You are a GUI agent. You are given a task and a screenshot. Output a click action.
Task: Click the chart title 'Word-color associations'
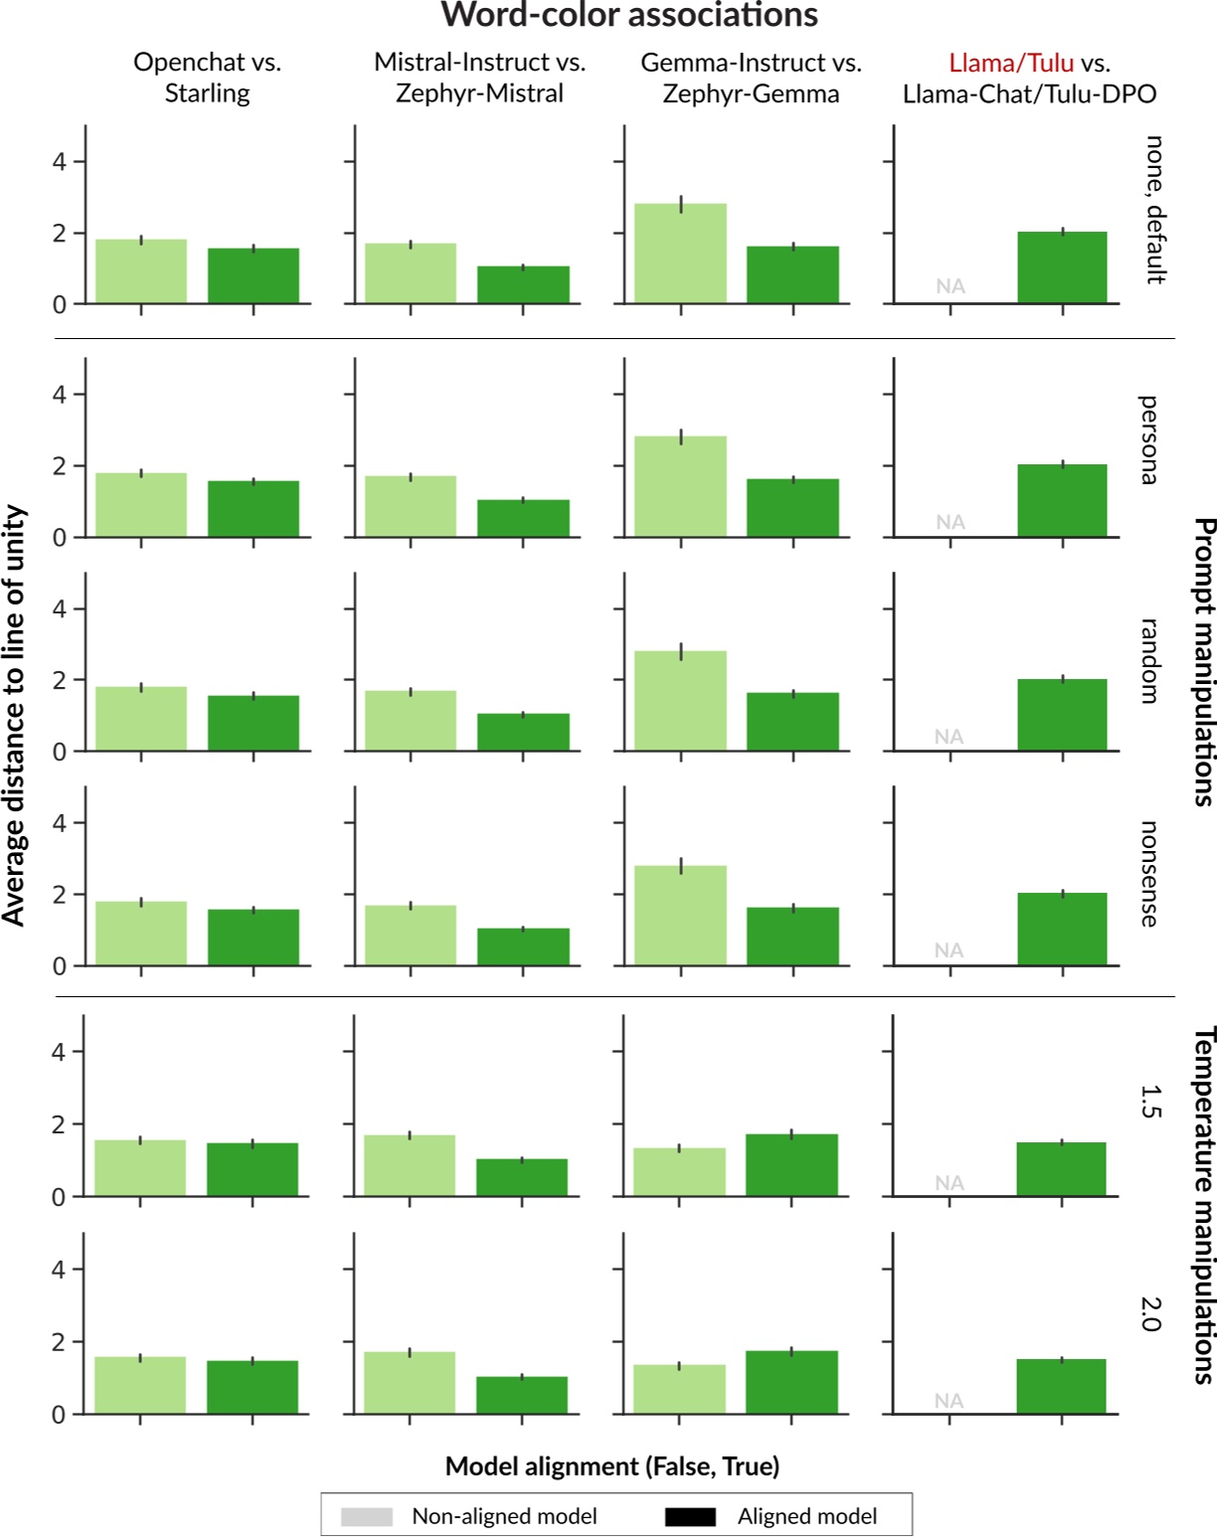tap(629, 16)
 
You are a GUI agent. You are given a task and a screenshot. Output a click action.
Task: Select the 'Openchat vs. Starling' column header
tap(207, 78)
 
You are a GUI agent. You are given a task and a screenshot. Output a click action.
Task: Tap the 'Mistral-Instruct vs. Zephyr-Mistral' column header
tap(479, 78)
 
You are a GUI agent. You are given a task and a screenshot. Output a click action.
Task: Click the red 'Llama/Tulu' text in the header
tap(1010, 63)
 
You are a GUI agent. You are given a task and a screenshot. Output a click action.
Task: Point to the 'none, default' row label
tap(1154, 210)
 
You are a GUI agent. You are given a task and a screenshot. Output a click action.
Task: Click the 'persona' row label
tap(1148, 439)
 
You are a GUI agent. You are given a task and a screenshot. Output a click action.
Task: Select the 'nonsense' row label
tap(1148, 874)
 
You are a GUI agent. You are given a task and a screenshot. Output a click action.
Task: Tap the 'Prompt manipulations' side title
tap(1202, 661)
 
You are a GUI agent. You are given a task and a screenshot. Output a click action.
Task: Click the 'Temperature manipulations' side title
tap(1202, 1205)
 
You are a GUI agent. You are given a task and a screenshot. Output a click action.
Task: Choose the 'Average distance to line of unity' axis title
tap(14, 715)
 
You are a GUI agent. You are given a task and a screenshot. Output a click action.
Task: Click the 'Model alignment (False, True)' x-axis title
tap(611, 1466)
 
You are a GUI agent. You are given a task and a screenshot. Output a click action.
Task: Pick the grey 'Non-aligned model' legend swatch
tap(366, 1516)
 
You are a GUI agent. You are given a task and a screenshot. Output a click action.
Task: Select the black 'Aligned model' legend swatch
tap(690, 1516)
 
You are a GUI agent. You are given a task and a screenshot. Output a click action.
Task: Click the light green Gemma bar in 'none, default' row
tap(681, 255)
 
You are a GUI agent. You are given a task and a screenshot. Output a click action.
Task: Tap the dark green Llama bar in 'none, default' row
tap(1062, 268)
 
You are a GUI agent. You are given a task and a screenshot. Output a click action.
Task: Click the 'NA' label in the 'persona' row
tap(950, 522)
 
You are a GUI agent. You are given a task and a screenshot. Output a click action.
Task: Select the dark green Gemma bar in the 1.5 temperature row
tap(791, 1165)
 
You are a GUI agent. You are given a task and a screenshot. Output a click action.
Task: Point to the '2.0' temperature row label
tap(1148, 1313)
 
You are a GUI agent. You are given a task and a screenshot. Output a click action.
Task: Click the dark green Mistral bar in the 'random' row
tap(523, 733)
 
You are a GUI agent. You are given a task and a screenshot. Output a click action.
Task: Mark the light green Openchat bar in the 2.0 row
tap(140, 1385)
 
